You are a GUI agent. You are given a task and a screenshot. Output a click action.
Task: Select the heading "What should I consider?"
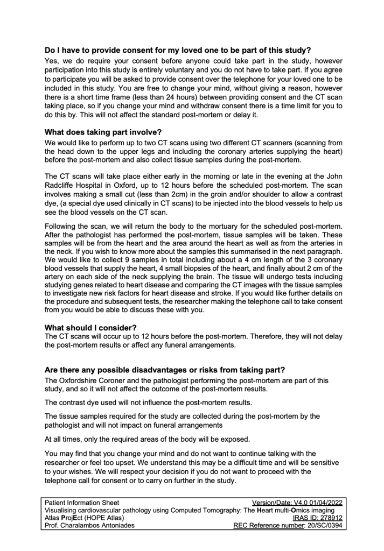point(90,328)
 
